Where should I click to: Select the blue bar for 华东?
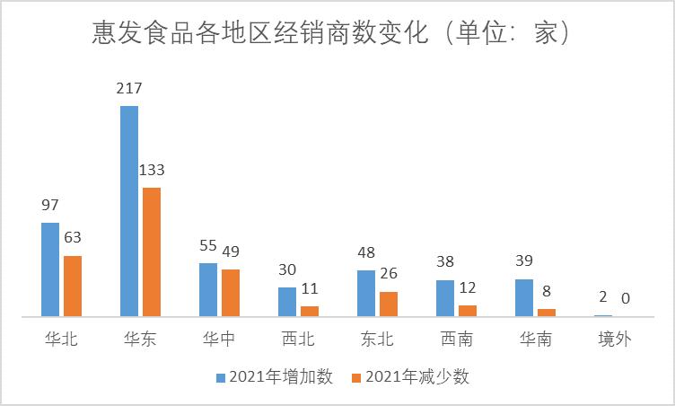[x=129, y=211]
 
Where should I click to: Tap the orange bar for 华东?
[x=151, y=252]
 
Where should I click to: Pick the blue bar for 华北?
[x=50, y=269]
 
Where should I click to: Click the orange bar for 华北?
[x=72, y=286]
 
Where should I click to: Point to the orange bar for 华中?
[x=230, y=293]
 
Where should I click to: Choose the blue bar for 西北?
[x=287, y=302]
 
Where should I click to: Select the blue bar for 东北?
[x=366, y=294]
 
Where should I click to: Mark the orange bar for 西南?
[x=468, y=311]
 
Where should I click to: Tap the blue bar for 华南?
[x=524, y=297]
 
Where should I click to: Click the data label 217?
[x=129, y=89]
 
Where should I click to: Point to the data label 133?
[x=151, y=170]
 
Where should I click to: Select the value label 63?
[x=73, y=238]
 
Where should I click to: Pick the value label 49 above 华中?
[x=231, y=251]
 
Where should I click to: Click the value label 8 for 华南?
[x=547, y=290]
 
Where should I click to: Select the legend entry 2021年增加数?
[x=275, y=377]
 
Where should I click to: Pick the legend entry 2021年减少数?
[x=411, y=377]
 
